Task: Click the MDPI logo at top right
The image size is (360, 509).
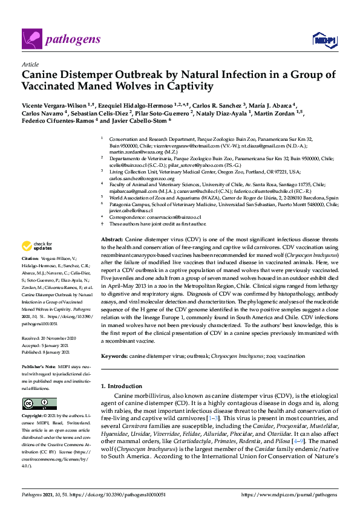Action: tap(324, 41)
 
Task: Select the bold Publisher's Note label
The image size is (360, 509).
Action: tap(39, 367)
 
